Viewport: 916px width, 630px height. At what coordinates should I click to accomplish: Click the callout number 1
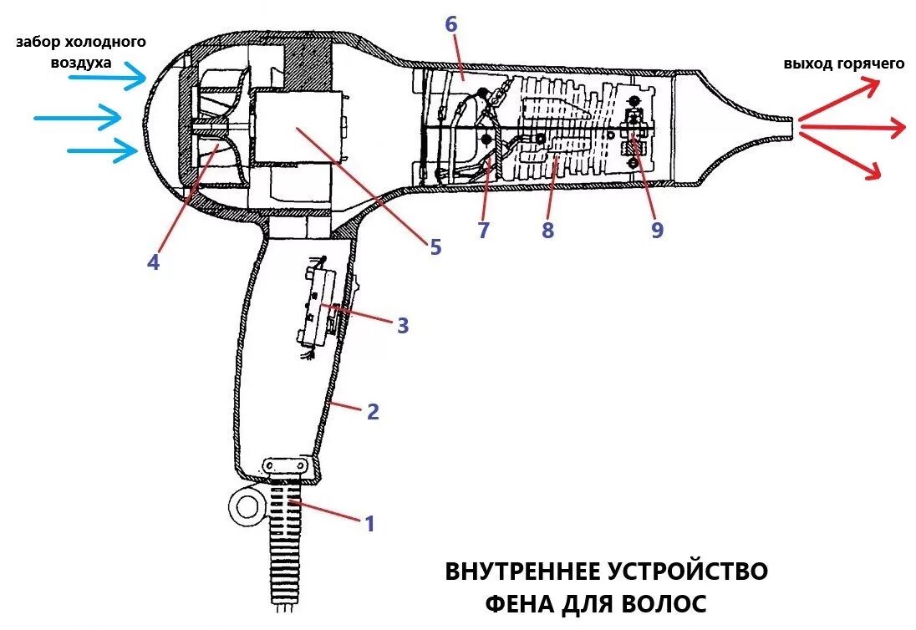[369, 524]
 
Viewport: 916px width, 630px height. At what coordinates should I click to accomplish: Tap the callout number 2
[373, 411]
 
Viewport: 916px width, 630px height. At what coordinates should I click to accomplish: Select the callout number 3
[403, 325]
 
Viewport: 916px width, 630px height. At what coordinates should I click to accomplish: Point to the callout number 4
[153, 262]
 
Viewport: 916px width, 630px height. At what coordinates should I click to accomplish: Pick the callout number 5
[435, 246]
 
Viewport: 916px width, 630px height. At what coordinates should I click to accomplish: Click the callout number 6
[451, 24]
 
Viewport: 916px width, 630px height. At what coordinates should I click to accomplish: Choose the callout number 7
[484, 230]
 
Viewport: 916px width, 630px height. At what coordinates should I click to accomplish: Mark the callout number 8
[547, 231]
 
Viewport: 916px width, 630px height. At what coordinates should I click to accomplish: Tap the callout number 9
[657, 230]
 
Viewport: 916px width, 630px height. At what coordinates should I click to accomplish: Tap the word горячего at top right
[870, 64]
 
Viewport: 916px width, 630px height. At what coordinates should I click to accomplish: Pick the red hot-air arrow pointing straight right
[852, 127]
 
